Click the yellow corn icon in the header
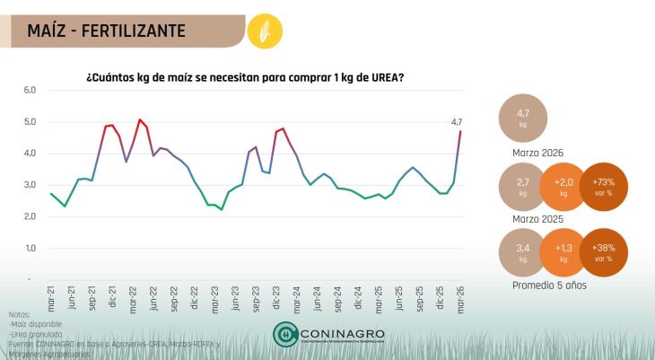click(264, 31)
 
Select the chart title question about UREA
click(244, 77)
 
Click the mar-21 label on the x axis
click(51, 298)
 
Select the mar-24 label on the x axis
click(296, 298)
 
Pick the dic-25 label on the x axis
click(440, 298)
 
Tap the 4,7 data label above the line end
click(456, 122)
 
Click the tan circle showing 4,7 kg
click(524, 119)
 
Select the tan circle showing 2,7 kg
click(524, 187)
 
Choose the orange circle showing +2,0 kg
click(563, 187)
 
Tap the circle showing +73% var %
click(602, 187)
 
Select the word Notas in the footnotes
click(19, 314)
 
